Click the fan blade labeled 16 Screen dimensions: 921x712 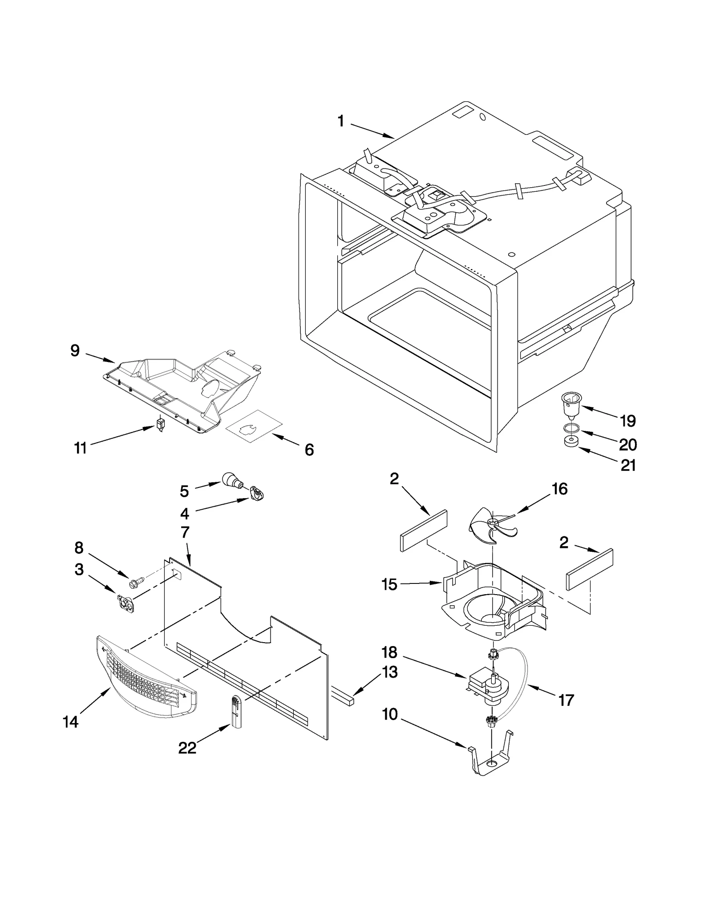click(491, 526)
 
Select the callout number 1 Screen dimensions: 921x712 click(341, 121)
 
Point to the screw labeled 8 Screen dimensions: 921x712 click(136, 581)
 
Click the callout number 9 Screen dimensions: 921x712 click(75, 351)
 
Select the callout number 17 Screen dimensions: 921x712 click(566, 700)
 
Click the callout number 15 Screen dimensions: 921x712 click(389, 584)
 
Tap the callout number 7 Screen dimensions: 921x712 click(185, 533)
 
